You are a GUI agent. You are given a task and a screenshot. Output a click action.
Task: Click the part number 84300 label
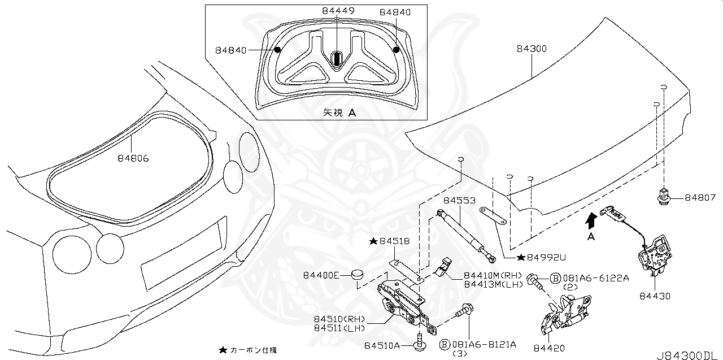click(x=531, y=49)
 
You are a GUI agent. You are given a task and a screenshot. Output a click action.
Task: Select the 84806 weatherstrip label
click(x=133, y=159)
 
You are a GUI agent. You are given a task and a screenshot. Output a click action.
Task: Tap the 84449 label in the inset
click(x=338, y=11)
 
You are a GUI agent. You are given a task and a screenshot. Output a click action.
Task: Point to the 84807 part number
click(x=700, y=198)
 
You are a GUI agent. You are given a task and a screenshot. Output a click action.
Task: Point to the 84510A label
click(x=382, y=345)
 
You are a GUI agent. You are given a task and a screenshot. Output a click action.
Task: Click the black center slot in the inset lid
click(x=337, y=58)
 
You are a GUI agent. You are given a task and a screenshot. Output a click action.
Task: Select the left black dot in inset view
click(x=277, y=50)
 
